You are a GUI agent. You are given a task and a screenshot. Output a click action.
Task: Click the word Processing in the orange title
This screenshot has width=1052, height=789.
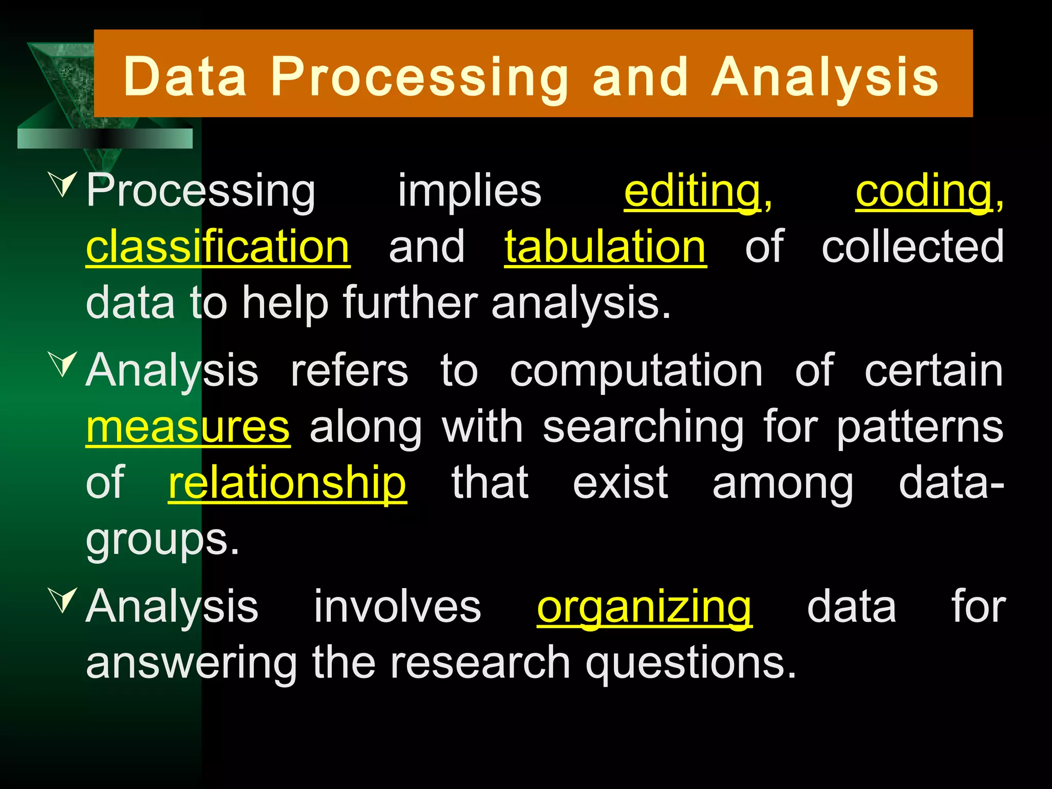point(419,77)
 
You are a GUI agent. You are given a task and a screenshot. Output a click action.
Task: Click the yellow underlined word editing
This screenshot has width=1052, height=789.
point(692,191)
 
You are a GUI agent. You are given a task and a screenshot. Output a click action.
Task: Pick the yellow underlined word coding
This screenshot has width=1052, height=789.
point(924,191)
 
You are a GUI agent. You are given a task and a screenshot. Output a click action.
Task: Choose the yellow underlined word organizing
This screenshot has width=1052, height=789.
point(644,607)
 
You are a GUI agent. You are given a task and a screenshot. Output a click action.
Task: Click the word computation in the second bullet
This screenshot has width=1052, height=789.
point(636,371)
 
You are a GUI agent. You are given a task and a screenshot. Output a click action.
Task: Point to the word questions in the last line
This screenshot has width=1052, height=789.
point(691,663)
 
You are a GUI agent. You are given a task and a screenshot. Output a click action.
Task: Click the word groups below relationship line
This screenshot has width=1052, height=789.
point(162,540)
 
